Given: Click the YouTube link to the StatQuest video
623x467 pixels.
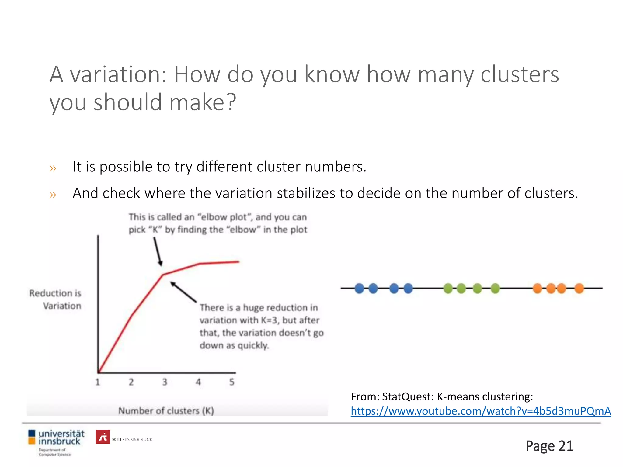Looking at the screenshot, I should click(x=481, y=411).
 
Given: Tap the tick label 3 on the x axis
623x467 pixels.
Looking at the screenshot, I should click(x=165, y=382).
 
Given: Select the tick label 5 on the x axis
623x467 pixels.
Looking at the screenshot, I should click(x=232, y=382).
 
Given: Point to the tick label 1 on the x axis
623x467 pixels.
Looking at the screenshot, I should click(x=98, y=382).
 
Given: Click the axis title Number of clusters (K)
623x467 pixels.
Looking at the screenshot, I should click(x=166, y=411).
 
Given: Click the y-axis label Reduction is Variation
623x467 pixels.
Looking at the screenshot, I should click(x=56, y=299).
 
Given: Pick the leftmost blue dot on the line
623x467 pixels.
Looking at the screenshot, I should click(x=359, y=288).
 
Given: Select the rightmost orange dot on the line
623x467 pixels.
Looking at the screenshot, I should click(x=579, y=288).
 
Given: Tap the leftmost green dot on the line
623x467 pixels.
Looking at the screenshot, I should click(x=448, y=288).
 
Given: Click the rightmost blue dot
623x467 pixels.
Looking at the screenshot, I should click(x=408, y=288).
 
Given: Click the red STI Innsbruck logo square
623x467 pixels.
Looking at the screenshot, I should click(x=103, y=437).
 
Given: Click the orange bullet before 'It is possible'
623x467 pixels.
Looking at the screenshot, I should click(x=53, y=168).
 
